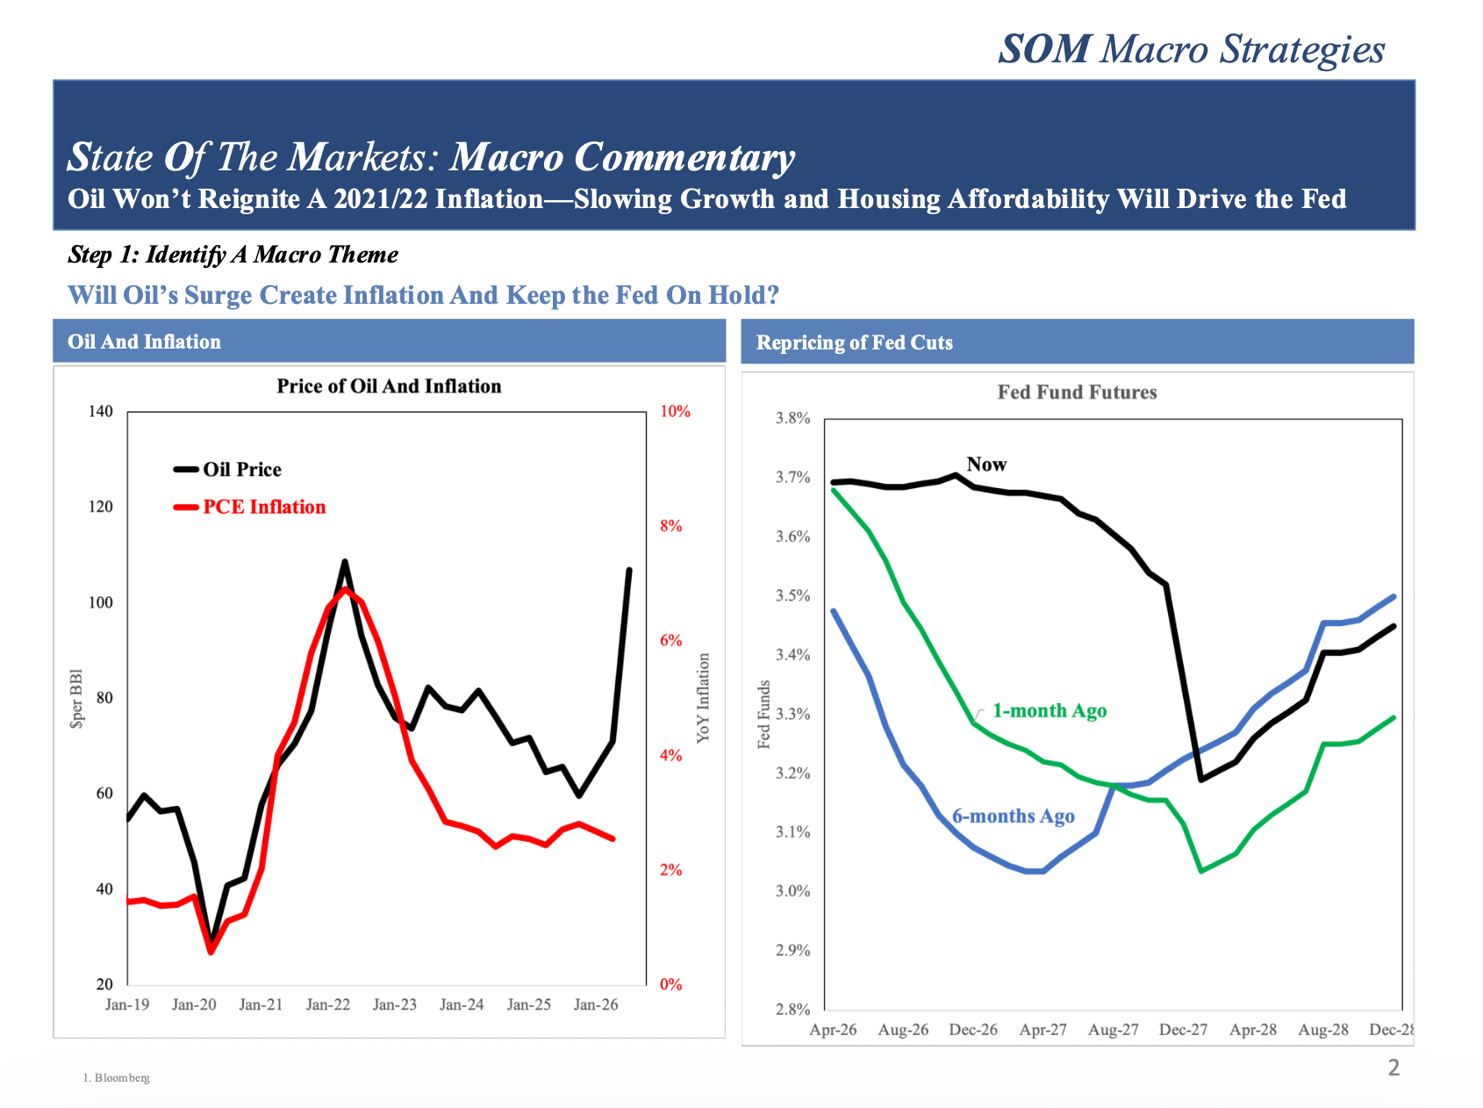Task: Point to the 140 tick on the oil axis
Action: tap(101, 412)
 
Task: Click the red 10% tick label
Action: tap(675, 412)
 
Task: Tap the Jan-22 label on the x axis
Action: tap(328, 1004)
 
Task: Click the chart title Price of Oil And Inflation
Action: tap(389, 386)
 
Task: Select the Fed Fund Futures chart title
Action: tap(1077, 392)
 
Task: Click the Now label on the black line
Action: tap(986, 464)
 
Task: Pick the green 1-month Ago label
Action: tap(1050, 711)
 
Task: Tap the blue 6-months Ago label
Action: tap(1013, 817)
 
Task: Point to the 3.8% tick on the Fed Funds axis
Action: tap(792, 419)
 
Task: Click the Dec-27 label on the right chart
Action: tap(1183, 1030)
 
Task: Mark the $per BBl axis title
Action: tap(77, 699)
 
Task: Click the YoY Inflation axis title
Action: tap(703, 698)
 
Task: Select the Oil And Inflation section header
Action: tap(145, 342)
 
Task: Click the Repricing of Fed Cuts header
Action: tap(854, 342)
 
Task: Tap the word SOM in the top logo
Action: tap(1044, 49)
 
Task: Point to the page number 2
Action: tap(1393, 1068)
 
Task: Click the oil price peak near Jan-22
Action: tap(344, 562)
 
